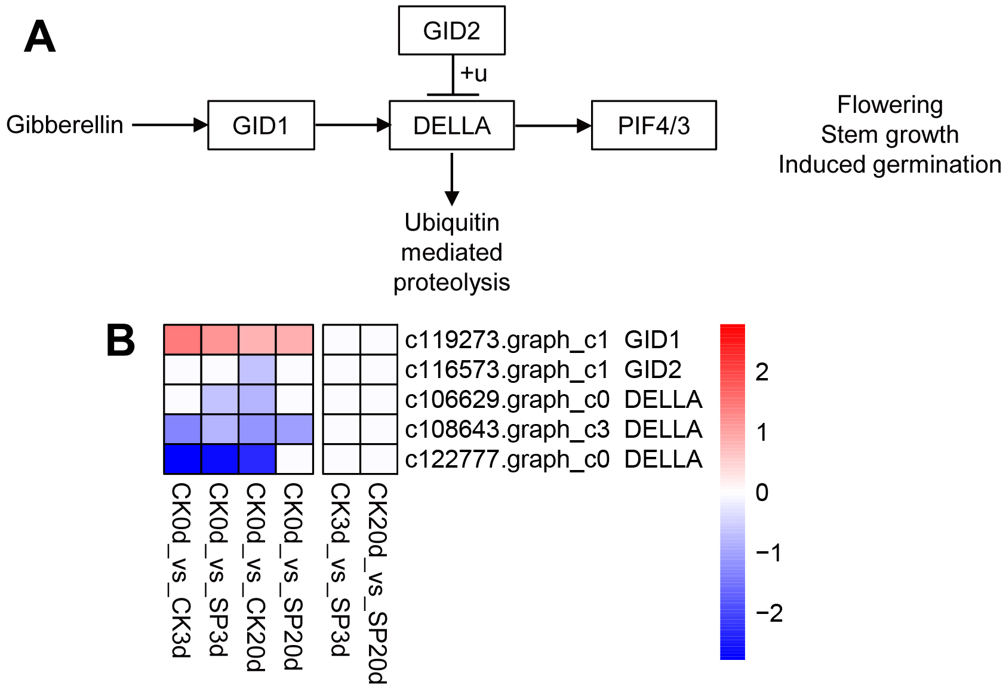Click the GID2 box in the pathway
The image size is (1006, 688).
(x=451, y=30)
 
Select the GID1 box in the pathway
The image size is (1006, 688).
(x=261, y=125)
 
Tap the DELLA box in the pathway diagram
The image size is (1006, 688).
(x=451, y=125)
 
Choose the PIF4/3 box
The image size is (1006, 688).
(x=654, y=125)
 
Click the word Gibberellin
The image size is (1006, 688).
(x=64, y=125)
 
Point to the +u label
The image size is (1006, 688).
(x=474, y=73)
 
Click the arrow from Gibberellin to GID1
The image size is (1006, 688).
(x=170, y=125)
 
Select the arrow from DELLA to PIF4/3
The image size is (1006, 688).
(x=552, y=125)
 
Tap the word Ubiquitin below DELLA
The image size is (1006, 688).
(x=451, y=222)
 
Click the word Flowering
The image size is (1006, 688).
(x=890, y=105)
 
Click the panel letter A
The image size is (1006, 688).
(x=39, y=37)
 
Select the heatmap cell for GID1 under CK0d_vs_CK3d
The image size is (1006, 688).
(x=183, y=340)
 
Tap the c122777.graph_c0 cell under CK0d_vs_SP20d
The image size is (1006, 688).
(x=294, y=459)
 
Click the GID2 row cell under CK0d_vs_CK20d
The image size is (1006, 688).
(x=257, y=370)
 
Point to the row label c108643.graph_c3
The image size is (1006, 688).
(x=507, y=429)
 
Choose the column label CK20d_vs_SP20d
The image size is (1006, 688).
(x=377, y=582)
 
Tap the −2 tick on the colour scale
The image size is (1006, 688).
(x=769, y=613)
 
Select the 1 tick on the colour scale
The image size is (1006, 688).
(x=762, y=432)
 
